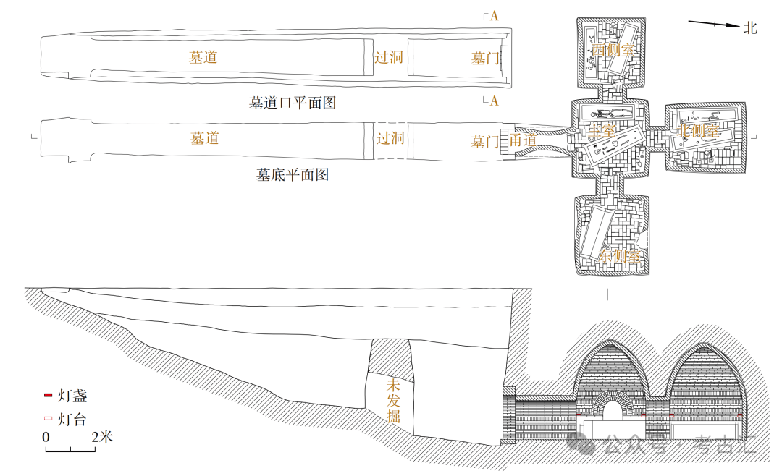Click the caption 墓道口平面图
tap(293, 103)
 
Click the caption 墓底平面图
tap(293, 174)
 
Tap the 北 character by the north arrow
tap(750, 27)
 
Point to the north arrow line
tap(713, 25)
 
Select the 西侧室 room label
tap(612, 50)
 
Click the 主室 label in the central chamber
tap(602, 131)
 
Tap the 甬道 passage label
tap(523, 140)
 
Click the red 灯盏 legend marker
tap(48, 395)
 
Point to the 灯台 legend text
tap(72, 419)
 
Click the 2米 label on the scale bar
tap(102, 437)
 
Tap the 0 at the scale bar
tap(46, 437)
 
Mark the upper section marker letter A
tap(494, 16)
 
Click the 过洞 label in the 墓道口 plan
tap(388, 57)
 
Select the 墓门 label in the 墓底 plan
tap(485, 142)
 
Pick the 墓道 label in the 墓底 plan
tap(205, 137)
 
